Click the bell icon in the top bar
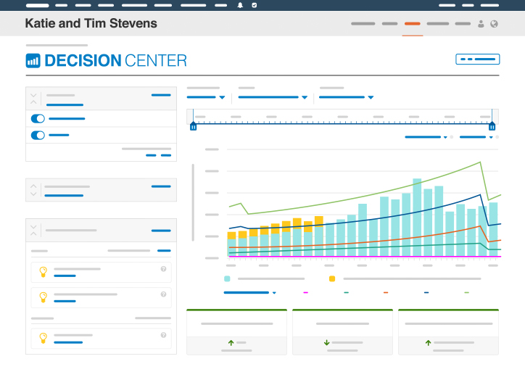click(240, 5)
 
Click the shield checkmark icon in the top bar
click(255, 5)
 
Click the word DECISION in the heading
click(83, 61)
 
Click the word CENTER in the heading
click(156, 61)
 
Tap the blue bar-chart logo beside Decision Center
click(33, 61)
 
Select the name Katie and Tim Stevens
click(91, 23)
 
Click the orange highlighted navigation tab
click(412, 24)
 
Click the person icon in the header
click(481, 24)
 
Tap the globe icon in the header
click(494, 24)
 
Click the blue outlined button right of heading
click(477, 59)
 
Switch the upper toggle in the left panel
click(38, 118)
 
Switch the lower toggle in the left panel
click(38, 136)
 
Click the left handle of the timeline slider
click(193, 126)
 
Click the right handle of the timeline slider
click(492, 126)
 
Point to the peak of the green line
click(480, 162)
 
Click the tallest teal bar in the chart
click(417, 218)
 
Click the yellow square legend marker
click(332, 278)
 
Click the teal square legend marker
click(227, 278)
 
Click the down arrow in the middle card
click(327, 342)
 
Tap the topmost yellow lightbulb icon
click(44, 271)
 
